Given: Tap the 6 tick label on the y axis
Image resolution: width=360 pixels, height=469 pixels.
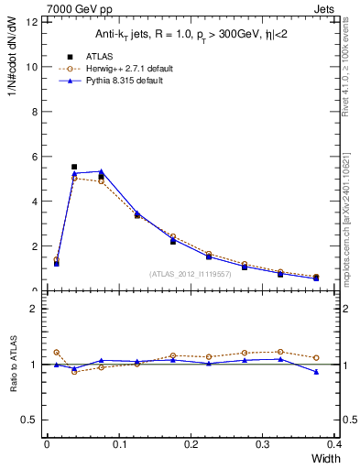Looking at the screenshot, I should (34, 157).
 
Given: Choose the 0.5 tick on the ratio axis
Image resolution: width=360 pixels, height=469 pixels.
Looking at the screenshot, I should (30, 420).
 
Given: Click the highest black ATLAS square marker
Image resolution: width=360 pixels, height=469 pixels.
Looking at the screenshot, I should (74, 167).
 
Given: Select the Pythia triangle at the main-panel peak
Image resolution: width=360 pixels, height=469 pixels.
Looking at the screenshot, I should (101, 171).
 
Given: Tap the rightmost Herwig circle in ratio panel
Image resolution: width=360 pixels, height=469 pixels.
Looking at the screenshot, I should (316, 358).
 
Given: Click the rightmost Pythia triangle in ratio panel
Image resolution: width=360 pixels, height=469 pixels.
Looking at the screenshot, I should (316, 372).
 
